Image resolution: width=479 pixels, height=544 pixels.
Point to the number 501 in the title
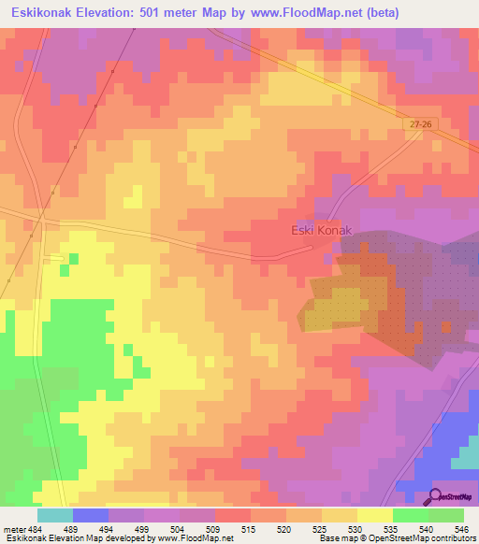(165, 12)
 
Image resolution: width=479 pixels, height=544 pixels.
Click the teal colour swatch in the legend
(54, 514)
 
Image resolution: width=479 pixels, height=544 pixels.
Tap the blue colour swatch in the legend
(90, 514)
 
